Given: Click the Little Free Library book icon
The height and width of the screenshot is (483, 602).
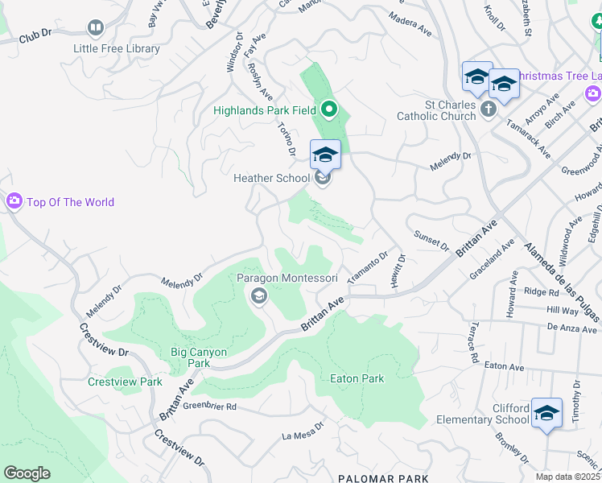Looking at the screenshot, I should pyautogui.click(x=96, y=30).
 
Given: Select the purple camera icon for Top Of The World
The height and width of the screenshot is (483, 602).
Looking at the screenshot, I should pyautogui.click(x=14, y=201).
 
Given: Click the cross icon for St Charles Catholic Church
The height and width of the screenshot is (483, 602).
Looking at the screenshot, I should pyautogui.click(x=488, y=109).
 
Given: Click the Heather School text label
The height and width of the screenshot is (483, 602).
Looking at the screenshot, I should pyautogui.click(x=271, y=178).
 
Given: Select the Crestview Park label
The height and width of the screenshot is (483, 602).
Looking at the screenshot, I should pyautogui.click(x=125, y=382).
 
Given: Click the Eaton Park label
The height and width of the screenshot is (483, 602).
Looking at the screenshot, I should pyautogui.click(x=357, y=378).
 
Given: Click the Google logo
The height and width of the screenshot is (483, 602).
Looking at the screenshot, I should pyautogui.click(x=27, y=473).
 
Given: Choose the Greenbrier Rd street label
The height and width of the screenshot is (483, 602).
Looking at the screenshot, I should pyautogui.click(x=208, y=407).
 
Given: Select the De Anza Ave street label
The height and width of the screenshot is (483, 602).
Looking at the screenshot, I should pyautogui.click(x=572, y=328).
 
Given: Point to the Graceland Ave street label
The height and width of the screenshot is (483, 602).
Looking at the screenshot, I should pyautogui.click(x=489, y=258).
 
